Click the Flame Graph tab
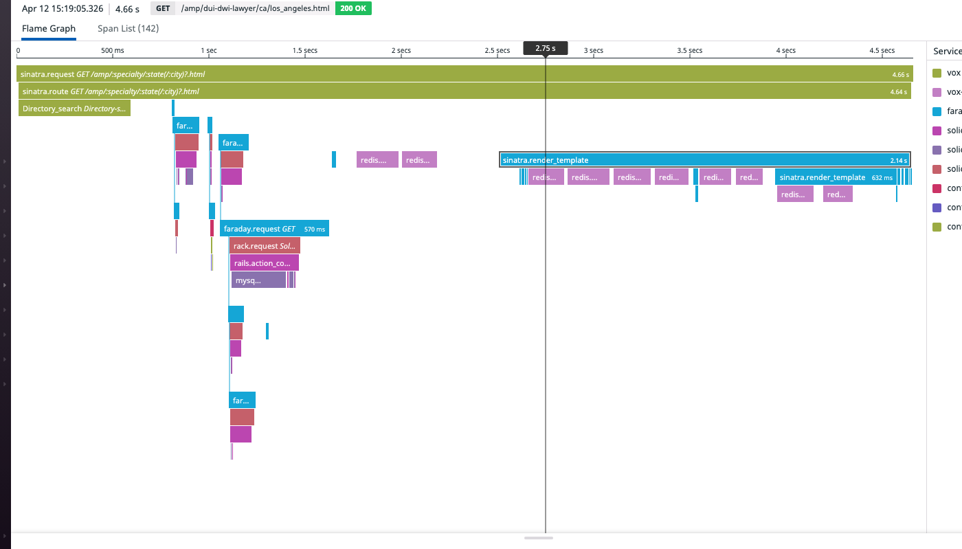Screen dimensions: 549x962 49,29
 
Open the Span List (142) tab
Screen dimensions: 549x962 128,29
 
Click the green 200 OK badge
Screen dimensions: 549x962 353,9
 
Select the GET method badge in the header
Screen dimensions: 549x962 163,9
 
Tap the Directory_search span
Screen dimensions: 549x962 74,109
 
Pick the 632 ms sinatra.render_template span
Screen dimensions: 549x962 836,177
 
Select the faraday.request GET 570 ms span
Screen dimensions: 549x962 274,229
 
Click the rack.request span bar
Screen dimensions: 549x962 265,246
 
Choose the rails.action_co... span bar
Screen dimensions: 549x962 264,263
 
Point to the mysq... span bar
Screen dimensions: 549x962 258,280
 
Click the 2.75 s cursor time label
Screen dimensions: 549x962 545,48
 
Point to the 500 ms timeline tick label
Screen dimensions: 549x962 113,51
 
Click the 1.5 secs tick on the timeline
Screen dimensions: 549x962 305,51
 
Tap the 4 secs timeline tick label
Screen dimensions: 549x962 785,51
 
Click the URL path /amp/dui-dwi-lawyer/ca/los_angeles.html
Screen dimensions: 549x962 254,9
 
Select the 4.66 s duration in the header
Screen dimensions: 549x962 127,10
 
